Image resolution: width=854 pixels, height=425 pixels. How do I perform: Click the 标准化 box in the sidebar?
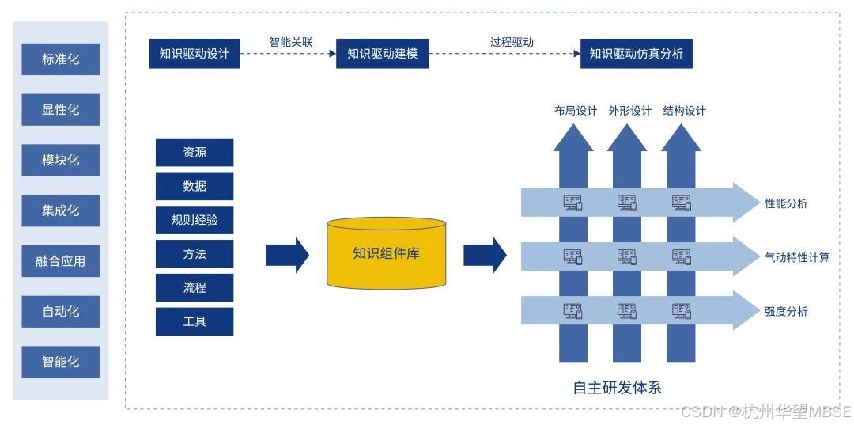[61, 59]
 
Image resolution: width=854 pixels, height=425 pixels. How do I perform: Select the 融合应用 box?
[61, 261]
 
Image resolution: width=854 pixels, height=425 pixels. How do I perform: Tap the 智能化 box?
[61, 362]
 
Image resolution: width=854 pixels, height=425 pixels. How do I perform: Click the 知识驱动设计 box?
[194, 53]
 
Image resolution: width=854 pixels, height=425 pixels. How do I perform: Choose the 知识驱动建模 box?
[382, 53]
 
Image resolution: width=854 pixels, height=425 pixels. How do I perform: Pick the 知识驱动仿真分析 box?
[636, 53]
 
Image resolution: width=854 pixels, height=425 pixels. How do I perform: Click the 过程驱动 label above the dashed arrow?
[512, 41]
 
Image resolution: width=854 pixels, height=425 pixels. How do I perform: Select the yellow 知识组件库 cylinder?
[386, 253]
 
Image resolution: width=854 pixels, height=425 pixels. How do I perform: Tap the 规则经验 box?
[195, 220]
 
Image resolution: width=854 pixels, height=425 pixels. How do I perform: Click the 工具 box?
[195, 321]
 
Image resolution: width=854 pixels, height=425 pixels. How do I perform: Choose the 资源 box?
[195, 153]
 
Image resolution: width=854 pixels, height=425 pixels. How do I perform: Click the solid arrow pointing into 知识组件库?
[286, 254]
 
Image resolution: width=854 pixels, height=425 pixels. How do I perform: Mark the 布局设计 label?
[575, 111]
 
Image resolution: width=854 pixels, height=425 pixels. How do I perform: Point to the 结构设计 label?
[684, 111]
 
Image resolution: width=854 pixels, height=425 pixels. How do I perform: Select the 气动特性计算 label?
[797, 257]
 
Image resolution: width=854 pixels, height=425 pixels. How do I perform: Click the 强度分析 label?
[786, 311]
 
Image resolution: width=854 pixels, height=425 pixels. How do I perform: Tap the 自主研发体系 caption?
[617, 388]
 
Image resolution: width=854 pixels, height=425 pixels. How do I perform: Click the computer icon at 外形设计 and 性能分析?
[627, 203]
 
